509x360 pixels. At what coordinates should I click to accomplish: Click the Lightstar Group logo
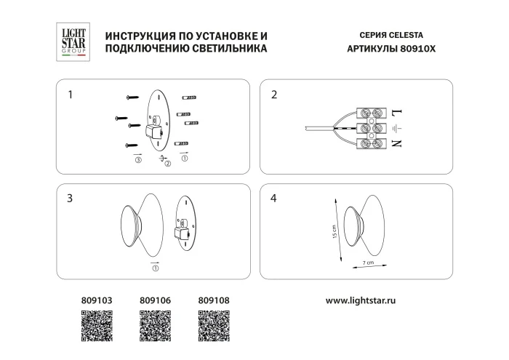click(72, 41)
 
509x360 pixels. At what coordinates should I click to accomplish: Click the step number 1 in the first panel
click(70, 95)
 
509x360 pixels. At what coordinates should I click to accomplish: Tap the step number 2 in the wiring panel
click(273, 95)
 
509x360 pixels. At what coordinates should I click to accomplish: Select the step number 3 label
click(70, 198)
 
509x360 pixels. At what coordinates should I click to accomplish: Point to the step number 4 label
click(273, 198)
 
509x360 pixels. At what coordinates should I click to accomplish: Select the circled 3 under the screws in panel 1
click(137, 161)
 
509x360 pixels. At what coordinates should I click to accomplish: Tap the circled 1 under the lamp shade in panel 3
click(155, 268)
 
